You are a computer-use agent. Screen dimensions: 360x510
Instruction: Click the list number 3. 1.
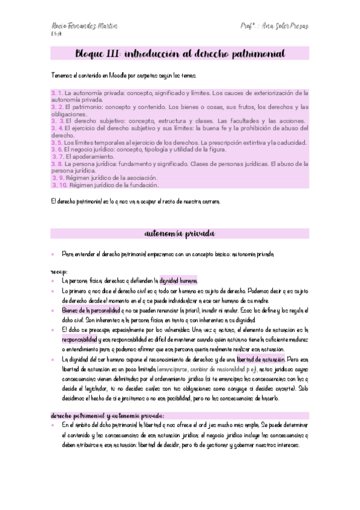[56, 93]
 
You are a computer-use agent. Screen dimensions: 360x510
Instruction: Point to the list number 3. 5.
[56, 143]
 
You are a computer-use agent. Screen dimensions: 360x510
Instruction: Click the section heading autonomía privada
[180, 233]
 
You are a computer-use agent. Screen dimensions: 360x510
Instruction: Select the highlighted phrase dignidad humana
[178, 280]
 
